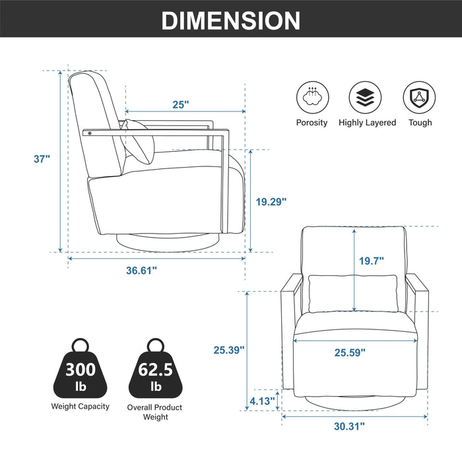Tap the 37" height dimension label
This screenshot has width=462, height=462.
pyautogui.click(x=43, y=158)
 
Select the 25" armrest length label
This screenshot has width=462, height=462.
pyautogui.click(x=181, y=104)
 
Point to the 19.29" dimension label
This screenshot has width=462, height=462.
pyautogui.click(x=271, y=202)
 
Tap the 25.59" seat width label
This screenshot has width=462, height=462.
pyautogui.click(x=350, y=353)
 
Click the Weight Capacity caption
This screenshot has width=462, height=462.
pyautogui.click(x=81, y=407)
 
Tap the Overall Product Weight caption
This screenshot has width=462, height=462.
pyautogui.click(x=156, y=412)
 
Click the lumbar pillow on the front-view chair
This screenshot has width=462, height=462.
pyautogui.click(x=354, y=292)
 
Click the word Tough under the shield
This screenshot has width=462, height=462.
pyautogui.click(x=420, y=123)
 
